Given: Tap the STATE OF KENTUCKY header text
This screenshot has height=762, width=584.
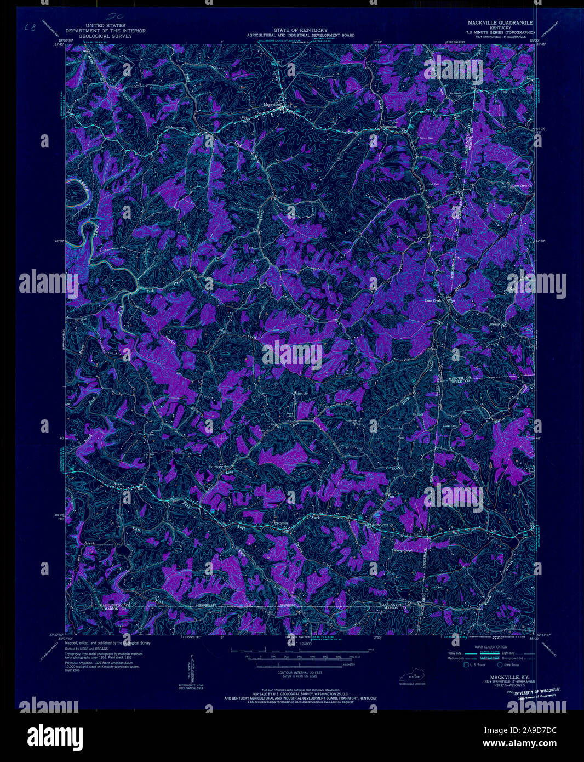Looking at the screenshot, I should coord(300,30).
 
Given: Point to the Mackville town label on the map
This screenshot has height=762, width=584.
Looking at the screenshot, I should coord(271,104).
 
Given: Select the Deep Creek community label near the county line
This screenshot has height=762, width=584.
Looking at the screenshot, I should coord(433,300).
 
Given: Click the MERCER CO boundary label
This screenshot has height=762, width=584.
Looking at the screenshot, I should coord(460,379).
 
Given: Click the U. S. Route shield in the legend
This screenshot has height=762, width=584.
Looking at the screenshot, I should coord(466,665).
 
